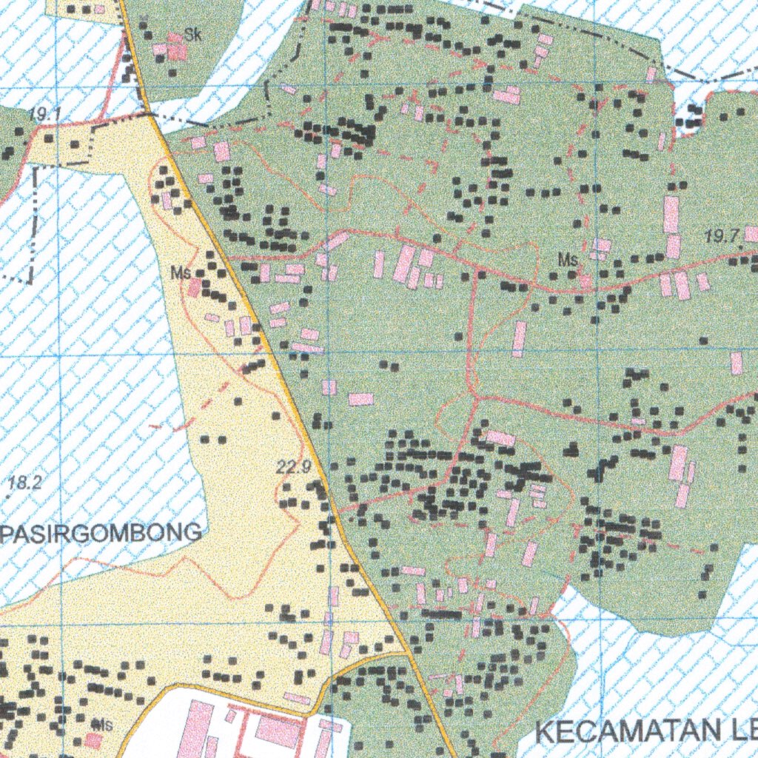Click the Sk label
pos(193,34)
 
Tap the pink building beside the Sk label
pos(177,47)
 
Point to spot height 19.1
pos(45,114)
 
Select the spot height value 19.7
pos(722,237)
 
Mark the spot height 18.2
pos(25,483)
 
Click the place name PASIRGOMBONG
pos(101,532)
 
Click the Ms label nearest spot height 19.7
pos(568,260)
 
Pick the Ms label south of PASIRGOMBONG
pos(102,725)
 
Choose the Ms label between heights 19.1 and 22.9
pos(181,273)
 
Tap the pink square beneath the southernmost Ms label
pos(93,740)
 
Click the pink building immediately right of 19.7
pos(751,235)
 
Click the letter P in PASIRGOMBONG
pos(7,533)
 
